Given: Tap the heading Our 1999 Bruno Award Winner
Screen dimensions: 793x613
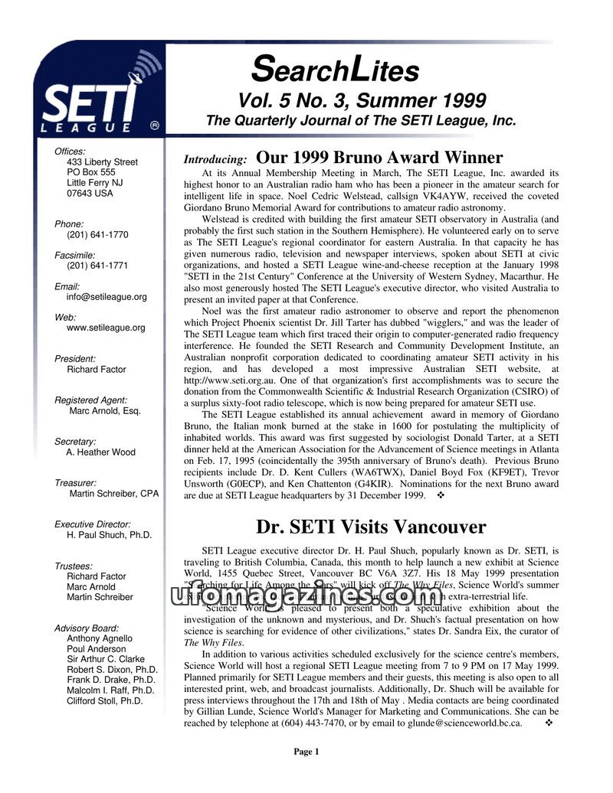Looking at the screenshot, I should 379,158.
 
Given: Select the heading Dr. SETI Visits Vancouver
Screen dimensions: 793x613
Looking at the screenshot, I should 371,527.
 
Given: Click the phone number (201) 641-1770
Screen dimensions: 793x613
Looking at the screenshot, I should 97,235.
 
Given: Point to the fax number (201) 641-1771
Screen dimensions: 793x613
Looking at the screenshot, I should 97,266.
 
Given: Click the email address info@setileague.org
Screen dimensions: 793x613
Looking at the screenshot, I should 107,297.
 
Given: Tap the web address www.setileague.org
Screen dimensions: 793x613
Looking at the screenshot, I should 106,328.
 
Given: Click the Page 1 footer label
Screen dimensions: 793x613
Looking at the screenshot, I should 306,752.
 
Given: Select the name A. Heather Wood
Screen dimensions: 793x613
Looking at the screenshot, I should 100,452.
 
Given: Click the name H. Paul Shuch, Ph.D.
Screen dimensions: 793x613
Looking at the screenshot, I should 109,535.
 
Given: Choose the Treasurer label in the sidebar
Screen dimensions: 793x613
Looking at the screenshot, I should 76,483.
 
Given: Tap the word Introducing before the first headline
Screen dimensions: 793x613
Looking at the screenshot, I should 215,160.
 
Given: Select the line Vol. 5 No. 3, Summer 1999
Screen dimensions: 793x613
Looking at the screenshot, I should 362,100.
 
